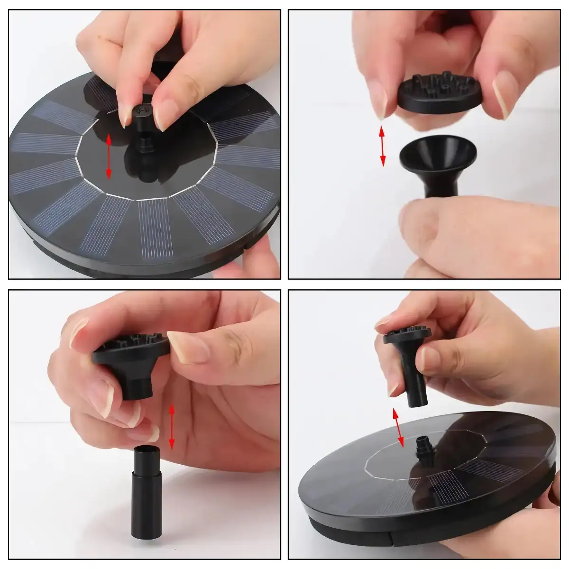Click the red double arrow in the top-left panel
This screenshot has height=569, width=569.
pyautogui.click(x=109, y=156)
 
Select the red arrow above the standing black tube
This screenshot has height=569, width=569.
pyautogui.click(x=172, y=426)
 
